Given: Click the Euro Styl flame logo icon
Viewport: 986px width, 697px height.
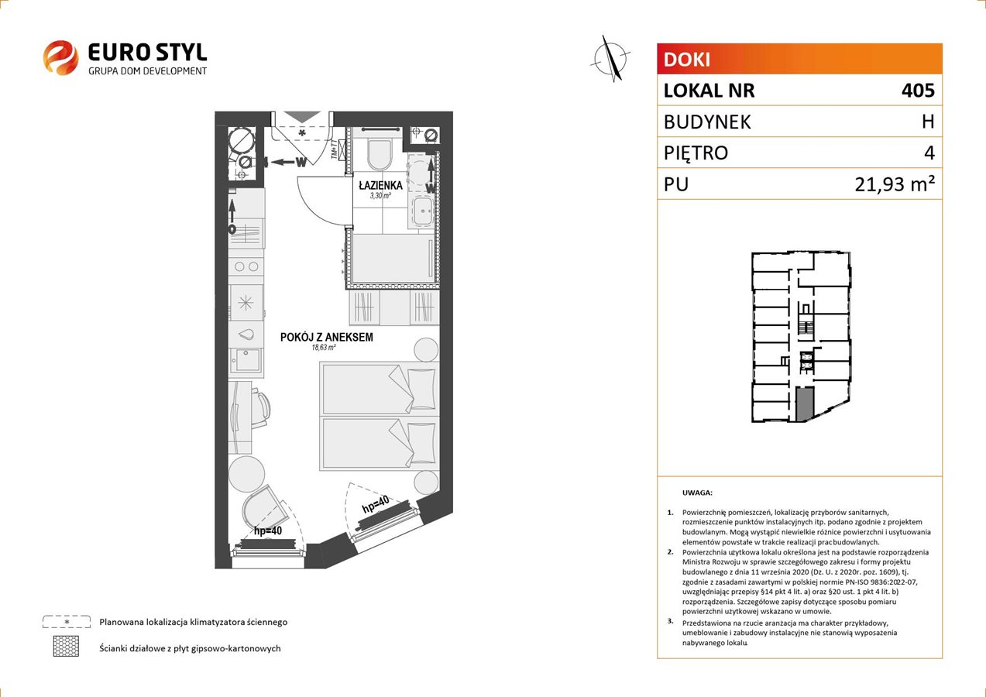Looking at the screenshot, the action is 60,57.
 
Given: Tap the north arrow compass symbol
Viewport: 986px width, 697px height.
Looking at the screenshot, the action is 610,59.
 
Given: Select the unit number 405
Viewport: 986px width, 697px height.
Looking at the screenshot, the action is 918,90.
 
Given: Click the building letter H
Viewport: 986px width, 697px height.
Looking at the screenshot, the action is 928,122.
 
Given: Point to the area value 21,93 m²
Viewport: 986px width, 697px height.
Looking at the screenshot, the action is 895,184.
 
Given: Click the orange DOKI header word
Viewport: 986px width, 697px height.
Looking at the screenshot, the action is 687,60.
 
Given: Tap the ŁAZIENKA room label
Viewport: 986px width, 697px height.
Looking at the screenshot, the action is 380,185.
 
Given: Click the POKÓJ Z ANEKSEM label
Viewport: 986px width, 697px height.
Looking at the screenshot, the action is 327,337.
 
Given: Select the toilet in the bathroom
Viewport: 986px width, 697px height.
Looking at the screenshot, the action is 380,155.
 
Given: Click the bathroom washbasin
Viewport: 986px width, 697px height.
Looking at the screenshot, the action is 423,211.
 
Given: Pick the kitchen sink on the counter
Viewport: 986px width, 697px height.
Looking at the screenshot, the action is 246,360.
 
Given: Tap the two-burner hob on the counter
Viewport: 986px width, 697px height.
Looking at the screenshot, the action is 246,266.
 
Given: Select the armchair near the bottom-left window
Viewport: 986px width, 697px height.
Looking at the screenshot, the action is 263,508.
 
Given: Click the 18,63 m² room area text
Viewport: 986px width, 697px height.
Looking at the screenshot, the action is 324,348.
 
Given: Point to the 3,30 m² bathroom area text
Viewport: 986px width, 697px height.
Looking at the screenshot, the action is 380,196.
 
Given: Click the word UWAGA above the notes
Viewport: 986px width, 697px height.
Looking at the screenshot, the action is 697,493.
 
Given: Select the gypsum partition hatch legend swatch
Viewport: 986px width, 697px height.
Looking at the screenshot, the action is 66,646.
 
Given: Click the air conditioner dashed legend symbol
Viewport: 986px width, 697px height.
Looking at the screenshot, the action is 67,621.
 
